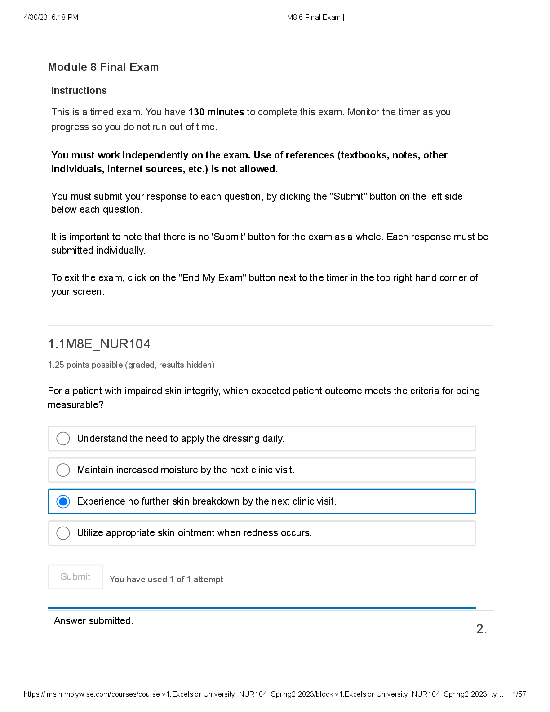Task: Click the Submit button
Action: (75, 576)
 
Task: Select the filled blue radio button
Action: (63, 501)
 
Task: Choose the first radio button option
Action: (63, 439)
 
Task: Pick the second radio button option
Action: (63, 470)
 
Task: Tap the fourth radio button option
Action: (63, 533)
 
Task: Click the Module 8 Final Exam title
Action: (103, 67)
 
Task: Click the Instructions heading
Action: (79, 91)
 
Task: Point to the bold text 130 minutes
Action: (216, 112)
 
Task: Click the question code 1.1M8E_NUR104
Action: (99, 344)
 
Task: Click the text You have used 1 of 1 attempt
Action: (166, 580)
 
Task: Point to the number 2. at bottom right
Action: (481, 629)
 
